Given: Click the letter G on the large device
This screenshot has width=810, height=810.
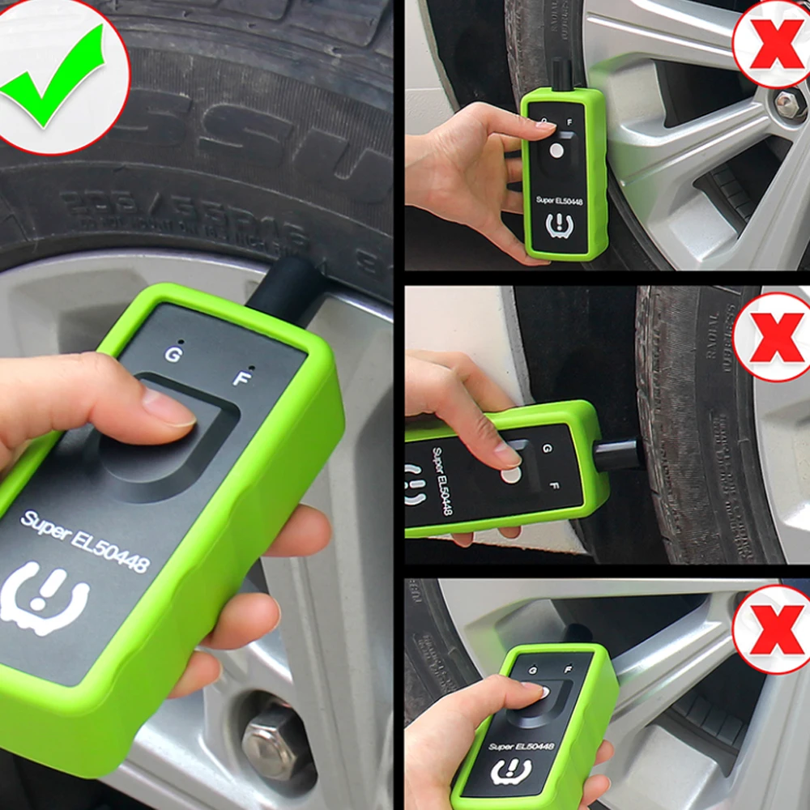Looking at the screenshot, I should click(173, 353).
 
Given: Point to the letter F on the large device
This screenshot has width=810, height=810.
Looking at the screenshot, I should click(241, 377).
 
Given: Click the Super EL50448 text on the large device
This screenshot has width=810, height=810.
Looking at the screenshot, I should click(85, 542).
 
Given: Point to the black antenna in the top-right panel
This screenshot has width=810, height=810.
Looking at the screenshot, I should click(558, 74).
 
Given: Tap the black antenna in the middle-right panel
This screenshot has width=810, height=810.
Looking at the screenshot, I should click(620, 455).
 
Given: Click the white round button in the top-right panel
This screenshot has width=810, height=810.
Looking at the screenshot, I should click(555, 150).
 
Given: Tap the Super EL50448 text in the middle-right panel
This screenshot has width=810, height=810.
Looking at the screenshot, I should click(441, 481).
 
